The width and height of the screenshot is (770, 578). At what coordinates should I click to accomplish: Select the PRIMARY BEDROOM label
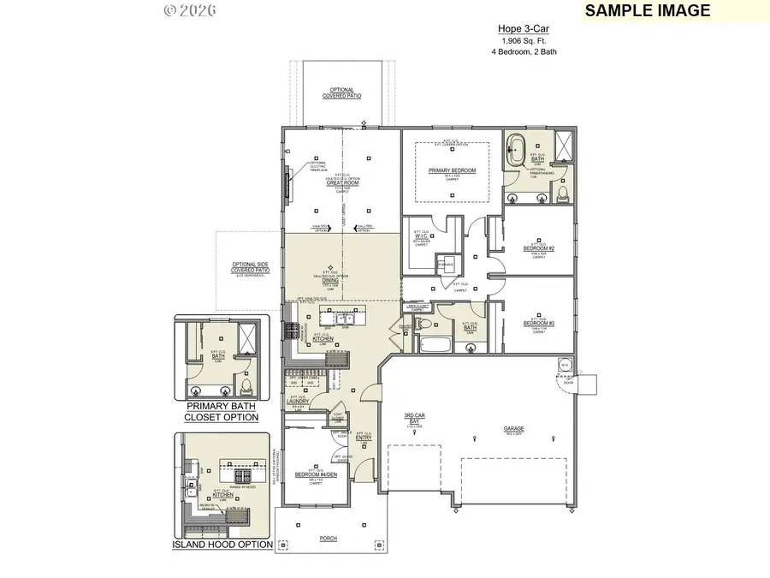(451, 170)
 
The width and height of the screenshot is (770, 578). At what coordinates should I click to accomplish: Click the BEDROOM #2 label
(539, 247)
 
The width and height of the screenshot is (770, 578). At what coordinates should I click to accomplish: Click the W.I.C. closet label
(434, 237)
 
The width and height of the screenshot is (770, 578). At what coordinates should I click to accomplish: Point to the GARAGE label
(514, 428)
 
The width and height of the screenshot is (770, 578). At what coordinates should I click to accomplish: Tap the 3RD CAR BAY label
(416, 420)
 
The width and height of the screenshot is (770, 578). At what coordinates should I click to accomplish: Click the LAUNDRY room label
(297, 400)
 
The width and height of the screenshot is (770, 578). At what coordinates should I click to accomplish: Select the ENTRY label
(363, 438)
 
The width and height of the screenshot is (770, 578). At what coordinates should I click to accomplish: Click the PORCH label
(328, 539)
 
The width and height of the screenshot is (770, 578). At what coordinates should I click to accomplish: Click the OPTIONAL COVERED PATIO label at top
(341, 93)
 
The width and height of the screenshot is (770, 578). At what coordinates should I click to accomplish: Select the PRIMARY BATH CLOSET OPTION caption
(222, 412)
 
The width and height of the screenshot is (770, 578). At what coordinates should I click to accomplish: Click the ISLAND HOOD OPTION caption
(222, 545)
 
